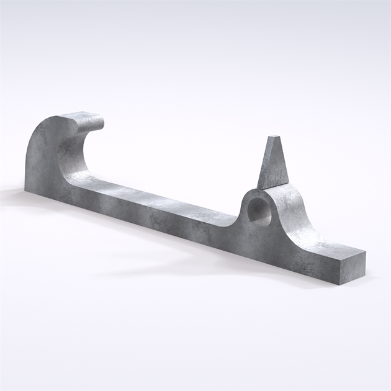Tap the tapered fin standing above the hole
(272, 164)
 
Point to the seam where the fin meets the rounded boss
(273, 186)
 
